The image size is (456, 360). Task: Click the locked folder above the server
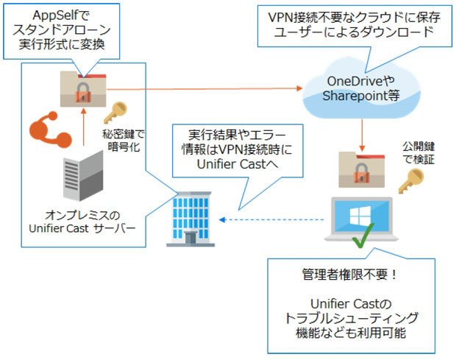point(86,92)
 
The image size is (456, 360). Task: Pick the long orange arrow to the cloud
point(206,89)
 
